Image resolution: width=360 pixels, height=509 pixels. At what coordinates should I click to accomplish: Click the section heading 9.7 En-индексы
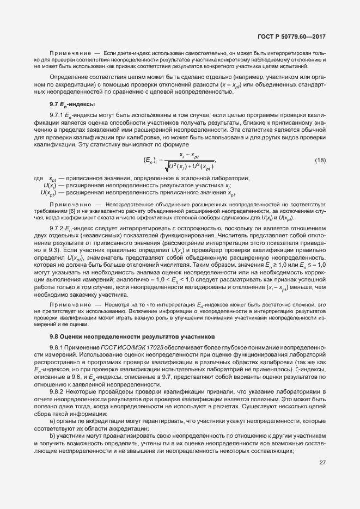[x=72, y=103]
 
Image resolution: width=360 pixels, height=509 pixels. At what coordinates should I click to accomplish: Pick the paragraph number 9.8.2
[x=57, y=391]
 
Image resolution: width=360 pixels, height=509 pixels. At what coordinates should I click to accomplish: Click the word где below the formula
[x=38, y=179]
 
